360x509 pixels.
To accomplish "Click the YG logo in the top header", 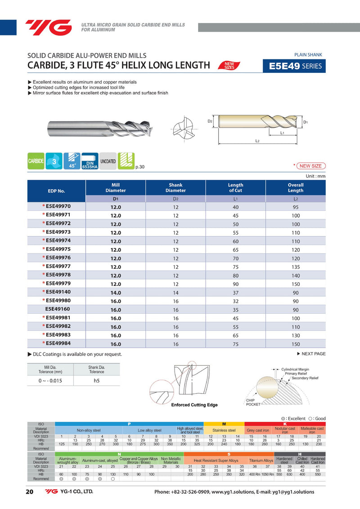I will [48, 27].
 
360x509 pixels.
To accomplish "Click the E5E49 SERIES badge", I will [294, 66].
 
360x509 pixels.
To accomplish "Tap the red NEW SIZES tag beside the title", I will [229, 66].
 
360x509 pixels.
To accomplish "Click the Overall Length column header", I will [295, 188].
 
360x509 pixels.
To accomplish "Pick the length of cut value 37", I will [235, 292].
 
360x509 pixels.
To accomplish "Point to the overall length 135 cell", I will [295, 267].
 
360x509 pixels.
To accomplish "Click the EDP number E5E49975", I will [58, 249].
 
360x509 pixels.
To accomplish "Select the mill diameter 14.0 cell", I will [116, 292].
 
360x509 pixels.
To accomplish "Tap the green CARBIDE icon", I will [36, 161].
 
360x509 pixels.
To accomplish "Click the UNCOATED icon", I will [108, 161].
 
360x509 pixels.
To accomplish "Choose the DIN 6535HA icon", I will [90, 161].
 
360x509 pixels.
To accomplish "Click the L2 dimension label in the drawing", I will [257, 141].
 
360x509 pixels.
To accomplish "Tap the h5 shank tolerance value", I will [96, 380].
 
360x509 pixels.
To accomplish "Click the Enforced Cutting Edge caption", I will [194, 405].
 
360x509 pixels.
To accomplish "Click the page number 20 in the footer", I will [30, 491].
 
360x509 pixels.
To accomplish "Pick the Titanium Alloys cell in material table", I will [261, 460].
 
